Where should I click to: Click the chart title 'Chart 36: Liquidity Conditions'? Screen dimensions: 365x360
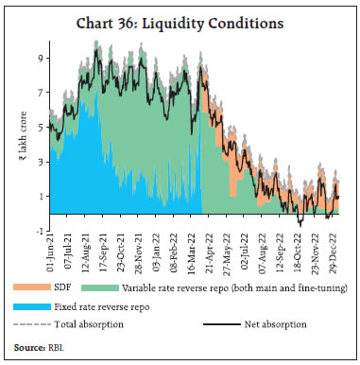click(x=180, y=20)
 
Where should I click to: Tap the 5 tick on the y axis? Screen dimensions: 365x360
click(x=40, y=126)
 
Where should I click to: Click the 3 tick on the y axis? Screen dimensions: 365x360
click(x=40, y=161)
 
